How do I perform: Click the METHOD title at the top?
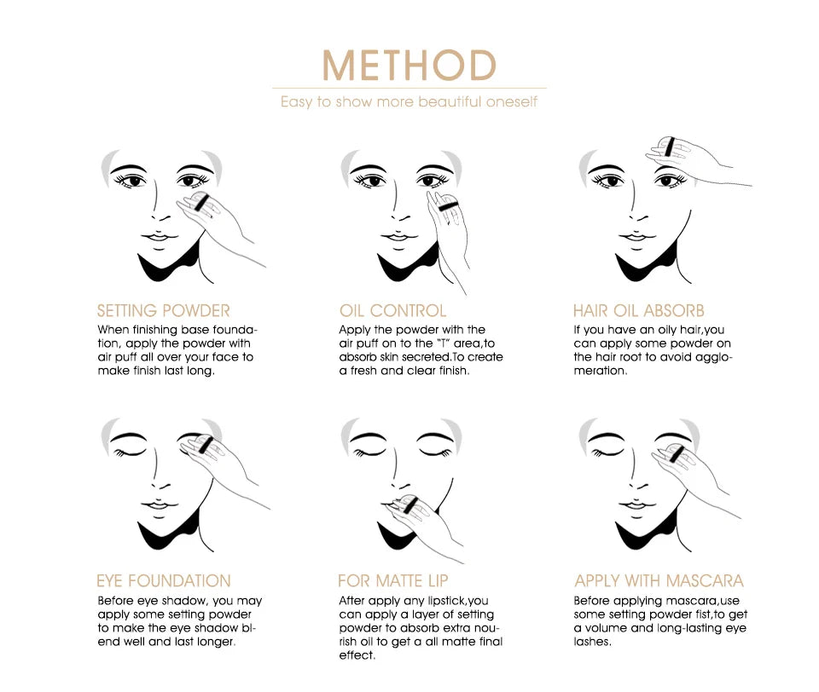[x=409, y=66]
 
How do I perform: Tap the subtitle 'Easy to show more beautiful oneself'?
[x=409, y=102]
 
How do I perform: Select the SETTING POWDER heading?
[x=164, y=310]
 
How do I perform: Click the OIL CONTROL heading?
[x=392, y=310]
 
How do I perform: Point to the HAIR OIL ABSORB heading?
[x=639, y=310]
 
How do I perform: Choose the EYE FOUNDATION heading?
[x=164, y=581]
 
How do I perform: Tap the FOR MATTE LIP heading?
[x=393, y=581]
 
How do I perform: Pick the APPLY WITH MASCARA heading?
[x=659, y=581]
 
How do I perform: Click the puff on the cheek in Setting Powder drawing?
[x=198, y=203]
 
